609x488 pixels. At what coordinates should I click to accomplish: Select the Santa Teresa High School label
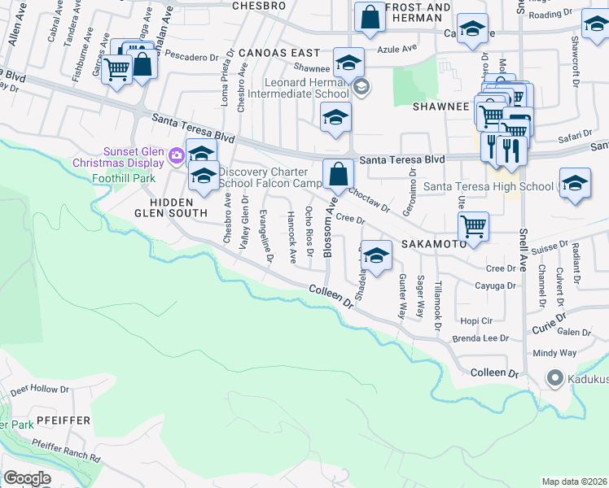pos(489,186)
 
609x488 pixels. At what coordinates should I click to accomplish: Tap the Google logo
pos(28,478)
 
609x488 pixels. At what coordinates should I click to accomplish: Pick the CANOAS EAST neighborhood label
pos(278,52)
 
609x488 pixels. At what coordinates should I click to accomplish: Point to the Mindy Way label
pos(554,353)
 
